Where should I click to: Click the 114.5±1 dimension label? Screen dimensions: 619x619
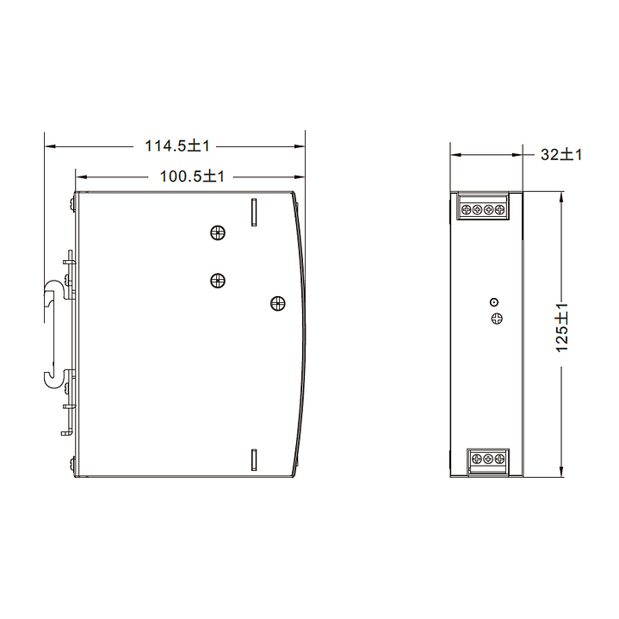177,146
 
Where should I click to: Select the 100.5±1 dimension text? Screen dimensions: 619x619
192,176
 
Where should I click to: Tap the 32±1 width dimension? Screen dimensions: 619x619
561,155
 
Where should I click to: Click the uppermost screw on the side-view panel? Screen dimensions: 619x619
218,232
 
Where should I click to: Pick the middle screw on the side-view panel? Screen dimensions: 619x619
217,279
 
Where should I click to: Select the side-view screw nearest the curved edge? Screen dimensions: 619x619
277,302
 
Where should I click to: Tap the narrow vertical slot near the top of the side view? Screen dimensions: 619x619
254,212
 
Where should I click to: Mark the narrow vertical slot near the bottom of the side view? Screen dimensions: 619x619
254,460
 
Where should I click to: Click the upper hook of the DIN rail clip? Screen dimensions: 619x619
53,288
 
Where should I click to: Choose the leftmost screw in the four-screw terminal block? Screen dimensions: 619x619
467,209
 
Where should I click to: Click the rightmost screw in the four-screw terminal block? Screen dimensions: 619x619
500,209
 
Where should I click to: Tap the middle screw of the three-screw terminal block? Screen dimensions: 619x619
488,460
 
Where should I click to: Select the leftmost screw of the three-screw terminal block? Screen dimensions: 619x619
477,460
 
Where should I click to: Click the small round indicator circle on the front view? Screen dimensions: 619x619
494,301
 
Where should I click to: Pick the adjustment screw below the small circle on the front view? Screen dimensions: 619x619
496,319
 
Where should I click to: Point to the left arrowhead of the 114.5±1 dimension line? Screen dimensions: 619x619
49,146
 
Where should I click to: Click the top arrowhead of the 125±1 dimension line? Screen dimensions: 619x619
561,195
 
